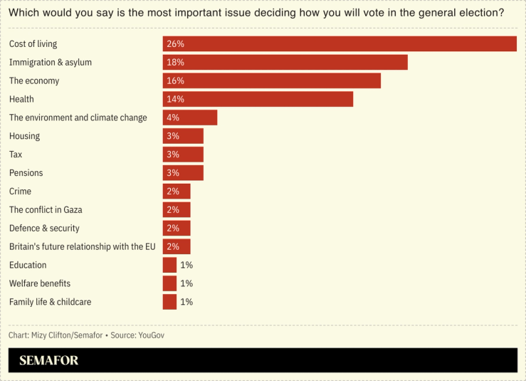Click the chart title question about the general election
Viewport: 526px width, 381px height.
(256, 13)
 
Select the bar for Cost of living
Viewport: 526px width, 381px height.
(340, 44)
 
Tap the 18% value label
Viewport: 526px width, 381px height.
(175, 63)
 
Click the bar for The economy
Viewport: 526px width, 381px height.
(271, 81)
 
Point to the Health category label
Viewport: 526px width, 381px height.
(21, 99)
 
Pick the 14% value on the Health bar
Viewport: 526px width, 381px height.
(175, 100)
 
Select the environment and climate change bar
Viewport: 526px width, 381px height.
(189, 118)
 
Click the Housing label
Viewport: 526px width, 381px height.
(24, 136)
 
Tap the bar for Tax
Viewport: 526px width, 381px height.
(183, 155)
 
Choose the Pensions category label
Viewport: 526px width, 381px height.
(26, 173)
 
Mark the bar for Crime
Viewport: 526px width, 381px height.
(177, 192)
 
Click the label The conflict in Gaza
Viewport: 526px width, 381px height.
(46, 210)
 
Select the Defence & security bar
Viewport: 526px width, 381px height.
(177, 229)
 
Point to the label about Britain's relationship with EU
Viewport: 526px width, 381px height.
(82, 246)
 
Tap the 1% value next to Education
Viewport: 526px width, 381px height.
(186, 265)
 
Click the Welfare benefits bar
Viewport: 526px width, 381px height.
(169, 283)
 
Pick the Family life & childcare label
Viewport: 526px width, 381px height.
(50, 302)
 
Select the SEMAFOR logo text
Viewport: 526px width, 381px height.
(49, 360)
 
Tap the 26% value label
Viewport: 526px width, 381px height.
(175, 44)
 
